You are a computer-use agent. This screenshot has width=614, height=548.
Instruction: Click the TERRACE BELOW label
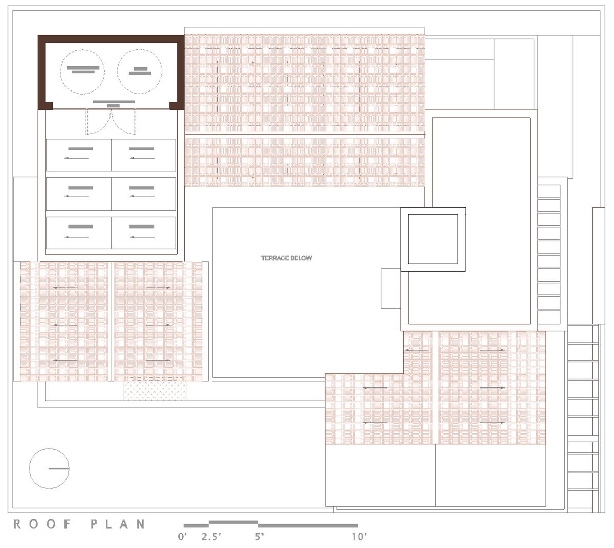click(286, 258)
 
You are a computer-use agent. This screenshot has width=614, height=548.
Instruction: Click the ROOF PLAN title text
click(79, 524)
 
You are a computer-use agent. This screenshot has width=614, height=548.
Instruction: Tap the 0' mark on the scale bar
click(182, 537)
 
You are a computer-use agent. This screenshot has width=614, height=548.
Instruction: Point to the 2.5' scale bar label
click(210, 537)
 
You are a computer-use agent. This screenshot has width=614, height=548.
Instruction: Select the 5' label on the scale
click(259, 537)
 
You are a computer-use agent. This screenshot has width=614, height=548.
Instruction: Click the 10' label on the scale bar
click(359, 537)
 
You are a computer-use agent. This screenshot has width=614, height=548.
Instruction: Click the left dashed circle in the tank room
click(82, 71)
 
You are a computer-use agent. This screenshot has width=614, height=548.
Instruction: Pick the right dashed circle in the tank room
click(139, 71)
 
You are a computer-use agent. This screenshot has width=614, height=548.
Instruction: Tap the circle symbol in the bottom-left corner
click(49, 468)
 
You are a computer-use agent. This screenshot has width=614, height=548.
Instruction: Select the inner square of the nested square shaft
click(433, 239)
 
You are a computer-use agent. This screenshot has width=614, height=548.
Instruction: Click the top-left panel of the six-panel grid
click(78, 154)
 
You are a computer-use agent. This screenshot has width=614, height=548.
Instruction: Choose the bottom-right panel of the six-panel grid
click(143, 233)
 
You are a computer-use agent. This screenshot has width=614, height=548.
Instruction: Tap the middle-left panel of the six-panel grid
click(78, 194)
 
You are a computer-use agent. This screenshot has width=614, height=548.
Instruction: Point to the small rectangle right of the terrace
click(390, 288)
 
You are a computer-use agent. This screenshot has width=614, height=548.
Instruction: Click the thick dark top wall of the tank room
click(111, 39)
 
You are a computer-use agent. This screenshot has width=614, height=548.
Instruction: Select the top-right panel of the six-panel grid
click(143, 154)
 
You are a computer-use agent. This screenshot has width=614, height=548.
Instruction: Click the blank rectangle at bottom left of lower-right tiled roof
click(380, 475)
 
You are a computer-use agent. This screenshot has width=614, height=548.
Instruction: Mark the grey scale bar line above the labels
click(270, 524)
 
